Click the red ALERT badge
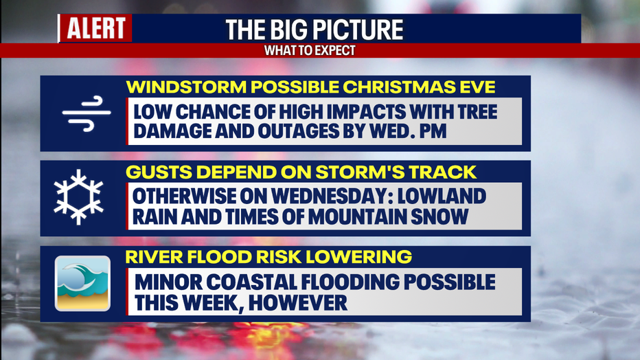[x=95, y=28]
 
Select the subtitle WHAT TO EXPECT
[x=310, y=51]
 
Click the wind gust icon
[x=87, y=113]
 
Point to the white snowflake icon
[x=78, y=197]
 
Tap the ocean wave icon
[x=82, y=284]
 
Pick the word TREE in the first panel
[x=475, y=112]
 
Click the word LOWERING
[x=358, y=257]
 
